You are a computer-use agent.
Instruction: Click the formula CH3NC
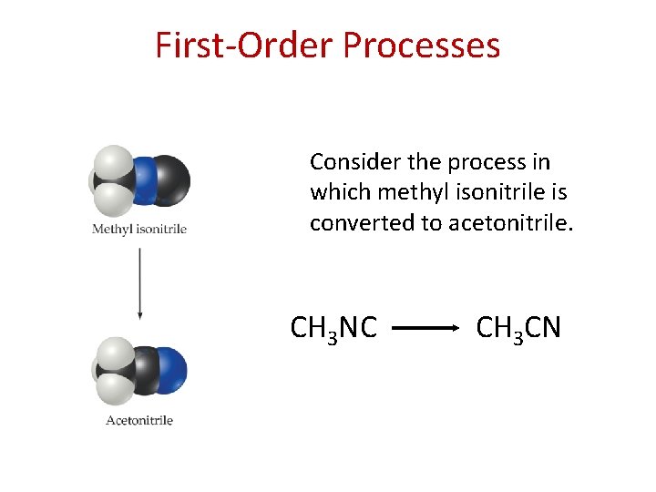pos(333,327)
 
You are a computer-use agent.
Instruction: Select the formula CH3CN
pos(518,327)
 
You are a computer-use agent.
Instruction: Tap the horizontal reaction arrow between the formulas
pos(425,327)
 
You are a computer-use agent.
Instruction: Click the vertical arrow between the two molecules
pos(139,282)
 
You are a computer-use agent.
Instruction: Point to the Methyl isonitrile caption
pos(139,229)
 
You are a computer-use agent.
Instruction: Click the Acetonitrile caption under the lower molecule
pos(139,420)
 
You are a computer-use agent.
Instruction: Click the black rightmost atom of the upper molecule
pos(170,179)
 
